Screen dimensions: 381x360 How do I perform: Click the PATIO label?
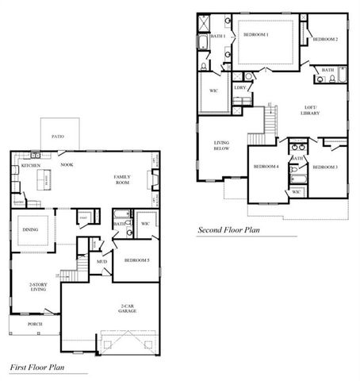pyautogui.click(x=59, y=137)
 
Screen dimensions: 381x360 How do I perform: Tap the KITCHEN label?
pyautogui.click(x=31, y=166)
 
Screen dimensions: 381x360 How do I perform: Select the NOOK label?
pyautogui.click(x=67, y=165)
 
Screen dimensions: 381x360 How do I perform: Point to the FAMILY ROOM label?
pyautogui.click(x=122, y=179)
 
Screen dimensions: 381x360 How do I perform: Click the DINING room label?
pyautogui.click(x=31, y=230)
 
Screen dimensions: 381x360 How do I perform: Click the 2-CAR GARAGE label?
pyautogui.click(x=128, y=308)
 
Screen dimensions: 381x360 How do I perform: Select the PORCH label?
pyautogui.click(x=35, y=324)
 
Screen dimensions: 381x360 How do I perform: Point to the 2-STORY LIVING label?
pyautogui.click(x=37, y=287)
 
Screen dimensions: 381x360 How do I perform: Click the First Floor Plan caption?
pyautogui.click(x=36, y=368)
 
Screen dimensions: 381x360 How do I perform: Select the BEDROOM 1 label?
pyautogui.click(x=256, y=35)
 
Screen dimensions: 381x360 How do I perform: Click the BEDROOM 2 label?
pyautogui.click(x=325, y=39)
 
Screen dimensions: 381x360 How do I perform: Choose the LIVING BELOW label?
pyautogui.click(x=221, y=147)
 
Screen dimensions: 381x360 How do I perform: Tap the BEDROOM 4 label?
pyautogui.click(x=265, y=167)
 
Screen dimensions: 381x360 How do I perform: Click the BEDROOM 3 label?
pyautogui.click(x=325, y=167)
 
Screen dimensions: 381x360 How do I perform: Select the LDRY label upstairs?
pyautogui.click(x=239, y=87)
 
